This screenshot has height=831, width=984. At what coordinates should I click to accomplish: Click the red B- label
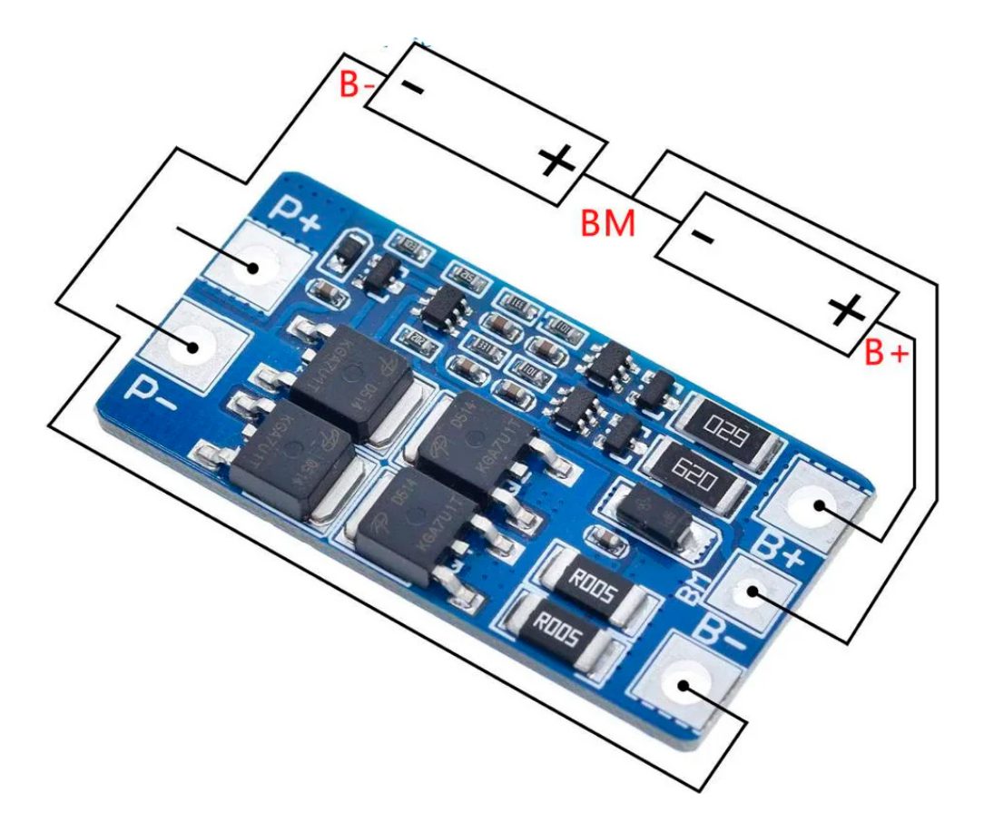[x=358, y=85]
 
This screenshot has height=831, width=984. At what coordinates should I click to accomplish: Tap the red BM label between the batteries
[x=608, y=222]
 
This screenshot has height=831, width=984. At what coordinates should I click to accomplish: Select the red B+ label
[x=884, y=353]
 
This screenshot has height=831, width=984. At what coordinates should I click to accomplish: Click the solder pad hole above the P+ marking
[x=251, y=268]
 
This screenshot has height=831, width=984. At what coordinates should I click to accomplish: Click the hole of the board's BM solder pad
[x=753, y=593]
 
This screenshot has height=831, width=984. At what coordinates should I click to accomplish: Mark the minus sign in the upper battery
[x=413, y=88]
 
